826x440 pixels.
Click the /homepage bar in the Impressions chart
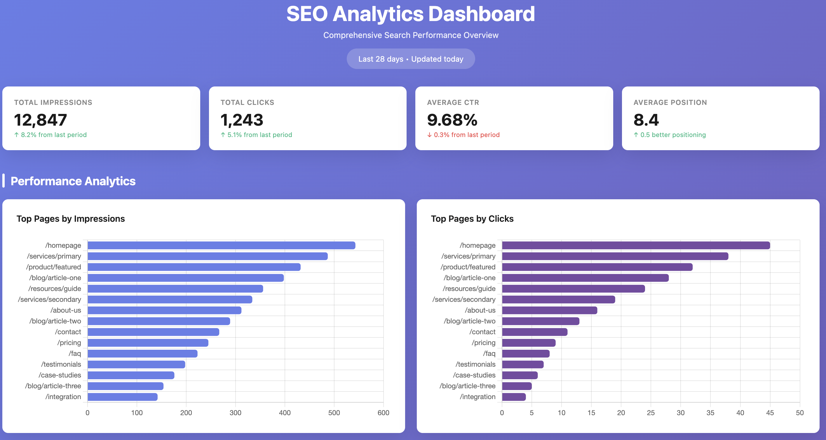221,245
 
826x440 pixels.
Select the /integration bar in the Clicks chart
514,397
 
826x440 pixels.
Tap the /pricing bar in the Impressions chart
148,343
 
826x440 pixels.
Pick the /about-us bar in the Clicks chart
549,310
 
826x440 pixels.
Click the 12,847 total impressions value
40,120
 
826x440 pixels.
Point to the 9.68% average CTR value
452,120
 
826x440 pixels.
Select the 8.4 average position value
646,120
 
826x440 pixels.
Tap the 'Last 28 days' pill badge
410,59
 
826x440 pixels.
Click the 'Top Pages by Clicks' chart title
472,219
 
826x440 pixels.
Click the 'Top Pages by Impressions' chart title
71,219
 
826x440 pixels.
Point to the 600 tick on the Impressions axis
383,413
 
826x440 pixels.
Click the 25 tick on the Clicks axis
651,413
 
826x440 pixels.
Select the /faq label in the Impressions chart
75,353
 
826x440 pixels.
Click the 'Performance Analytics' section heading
73,181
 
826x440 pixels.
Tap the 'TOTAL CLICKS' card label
247,102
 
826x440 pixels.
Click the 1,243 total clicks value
241,120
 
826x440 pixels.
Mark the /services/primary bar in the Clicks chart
615,256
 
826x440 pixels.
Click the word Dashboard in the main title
481,14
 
